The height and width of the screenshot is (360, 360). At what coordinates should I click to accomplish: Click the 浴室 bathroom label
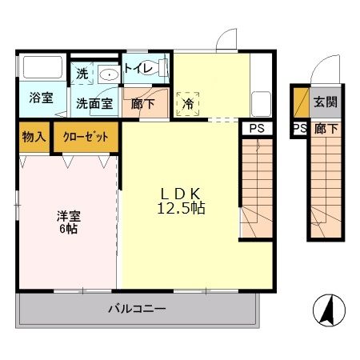click(42, 98)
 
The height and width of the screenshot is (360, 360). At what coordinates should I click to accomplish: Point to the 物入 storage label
click(33, 136)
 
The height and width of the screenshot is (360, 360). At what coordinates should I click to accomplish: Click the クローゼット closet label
click(86, 136)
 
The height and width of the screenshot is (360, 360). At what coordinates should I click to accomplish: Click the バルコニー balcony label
click(138, 308)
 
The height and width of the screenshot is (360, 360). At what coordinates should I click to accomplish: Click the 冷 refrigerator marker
click(188, 103)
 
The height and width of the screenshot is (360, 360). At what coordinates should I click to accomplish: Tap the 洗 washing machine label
click(82, 73)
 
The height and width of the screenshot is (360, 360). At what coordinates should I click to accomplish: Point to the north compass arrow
click(328, 309)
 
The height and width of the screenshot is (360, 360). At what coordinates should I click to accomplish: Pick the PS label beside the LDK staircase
click(257, 128)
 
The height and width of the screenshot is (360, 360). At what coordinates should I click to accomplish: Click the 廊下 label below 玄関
click(325, 128)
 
